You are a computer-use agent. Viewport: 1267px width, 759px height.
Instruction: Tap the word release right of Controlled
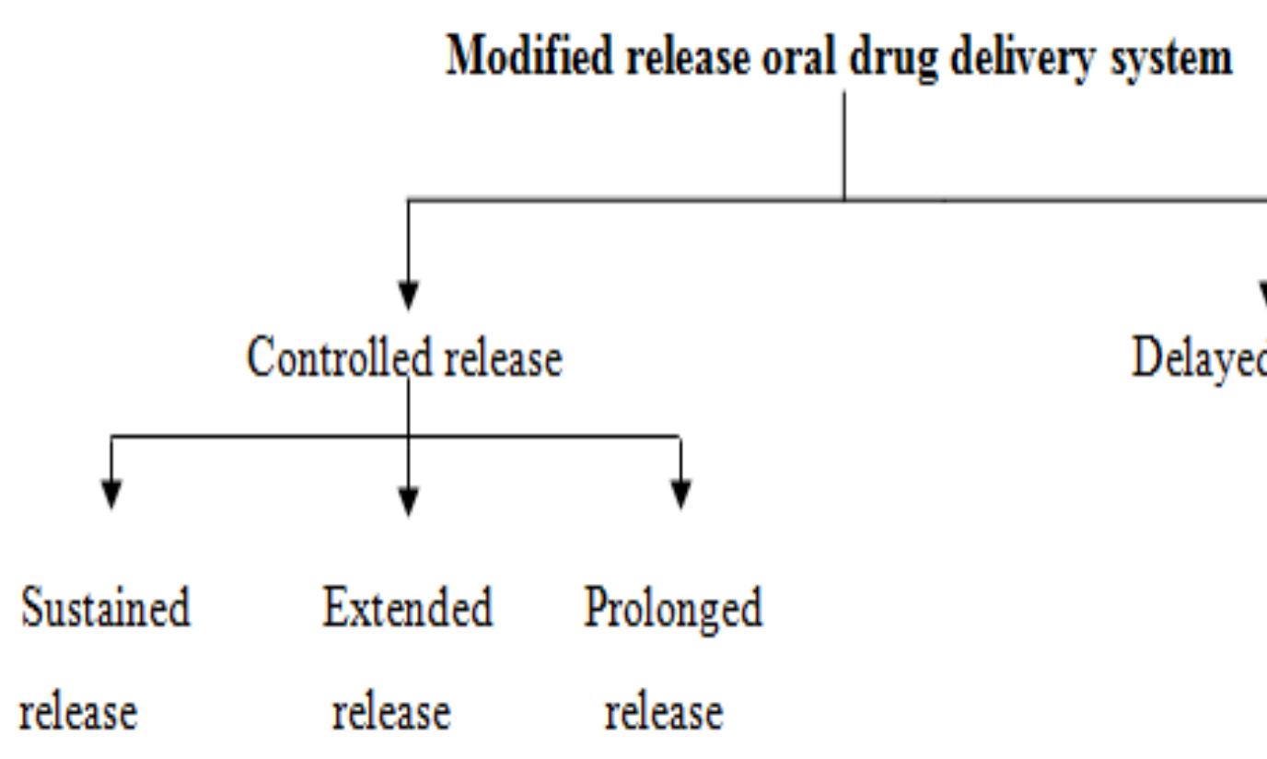coord(504,357)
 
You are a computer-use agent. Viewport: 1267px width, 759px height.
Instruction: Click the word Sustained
coord(105,608)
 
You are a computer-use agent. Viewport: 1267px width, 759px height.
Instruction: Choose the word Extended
coord(407,608)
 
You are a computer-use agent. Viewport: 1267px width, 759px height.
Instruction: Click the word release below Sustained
coord(78,712)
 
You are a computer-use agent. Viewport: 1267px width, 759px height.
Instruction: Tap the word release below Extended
coord(391,712)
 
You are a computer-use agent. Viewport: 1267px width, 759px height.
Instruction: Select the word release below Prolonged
coord(664,712)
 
